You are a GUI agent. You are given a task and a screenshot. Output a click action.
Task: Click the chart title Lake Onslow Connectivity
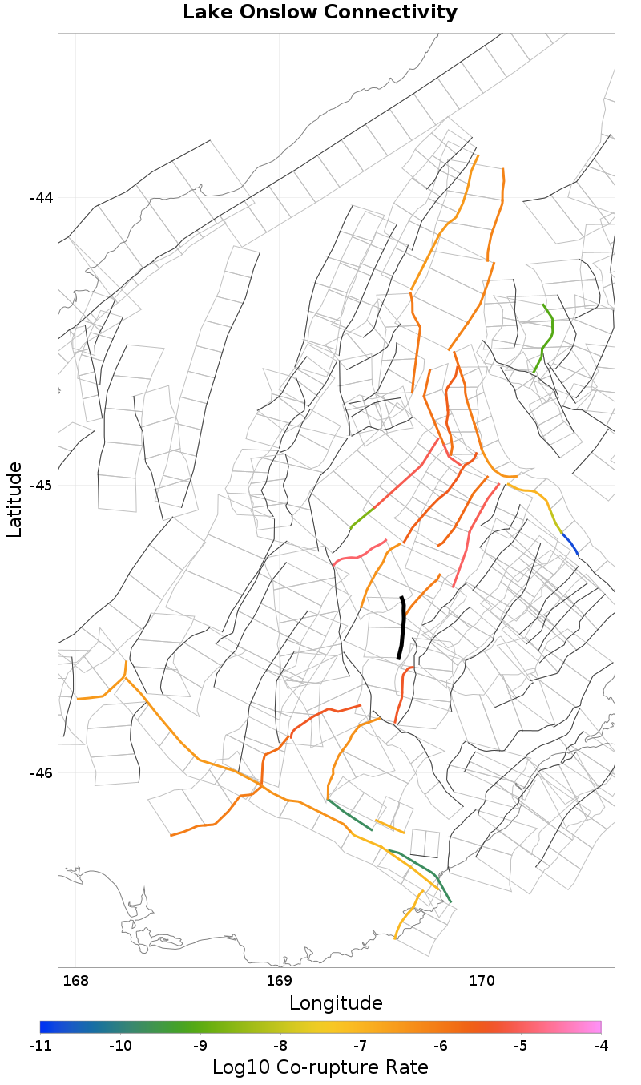click(320, 13)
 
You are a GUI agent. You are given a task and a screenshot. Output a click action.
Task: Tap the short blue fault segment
click(570, 542)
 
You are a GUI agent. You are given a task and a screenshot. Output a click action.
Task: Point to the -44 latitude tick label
click(41, 198)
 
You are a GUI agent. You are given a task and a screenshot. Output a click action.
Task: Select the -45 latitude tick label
click(41, 486)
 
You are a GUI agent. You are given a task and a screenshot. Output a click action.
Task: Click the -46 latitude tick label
click(41, 773)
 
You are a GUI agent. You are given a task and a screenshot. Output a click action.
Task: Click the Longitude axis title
click(336, 1003)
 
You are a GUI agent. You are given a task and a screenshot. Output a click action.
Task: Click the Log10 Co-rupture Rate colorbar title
click(320, 1067)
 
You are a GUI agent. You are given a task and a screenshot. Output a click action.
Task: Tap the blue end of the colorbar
click(45, 1027)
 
